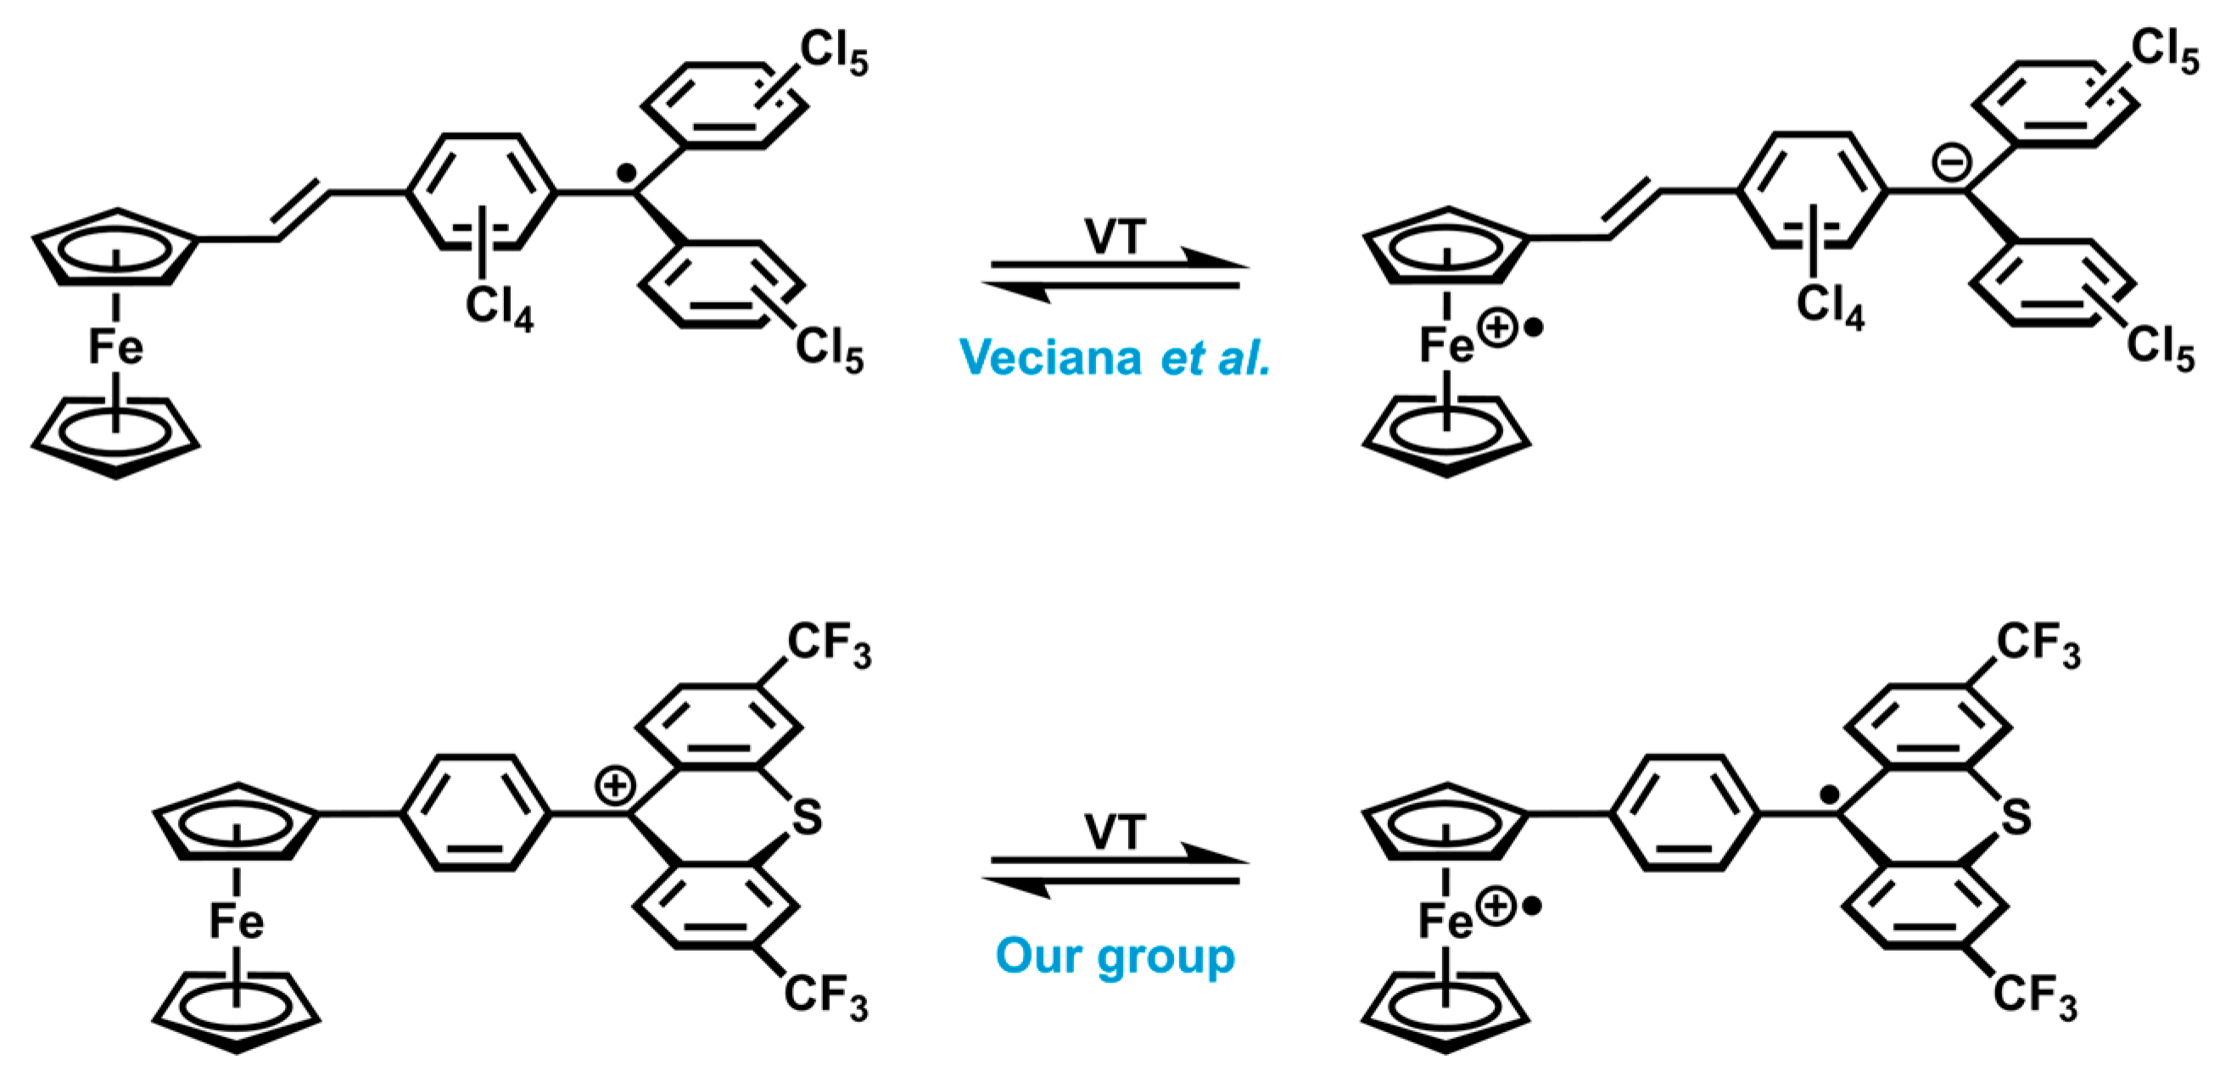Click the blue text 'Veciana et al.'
pyautogui.click(x=1115, y=357)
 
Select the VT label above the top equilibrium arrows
pyautogui.click(x=1116, y=236)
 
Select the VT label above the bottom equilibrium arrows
pyautogui.click(x=1116, y=832)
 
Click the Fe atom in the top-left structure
pyautogui.click(x=115, y=347)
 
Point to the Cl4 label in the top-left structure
pyautogui.click(x=499, y=308)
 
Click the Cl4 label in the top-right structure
pyautogui.click(x=1830, y=307)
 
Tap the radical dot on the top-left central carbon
pyautogui.click(x=628, y=175)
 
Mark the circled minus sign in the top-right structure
pyautogui.click(x=1952, y=161)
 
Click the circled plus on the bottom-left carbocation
pyautogui.click(x=615, y=787)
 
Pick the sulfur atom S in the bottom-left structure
pyautogui.click(x=807, y=817)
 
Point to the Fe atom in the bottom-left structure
pyautogui.click(x=236, y=921)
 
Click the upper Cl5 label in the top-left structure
pyautogui.click(x=833, y=53)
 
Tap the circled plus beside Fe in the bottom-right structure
pyautogui.click(x=1496, y=907)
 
